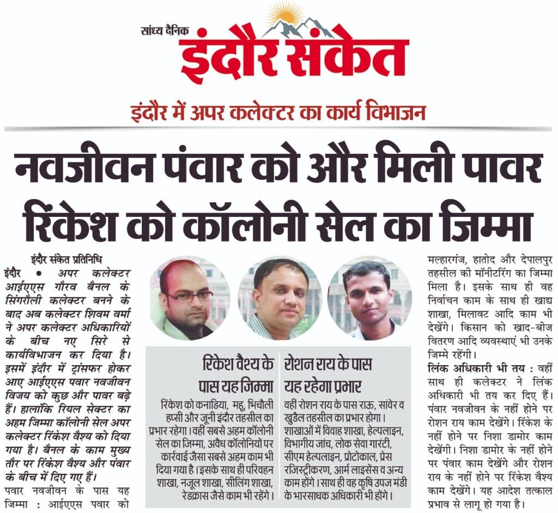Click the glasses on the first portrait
click(189, 297)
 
